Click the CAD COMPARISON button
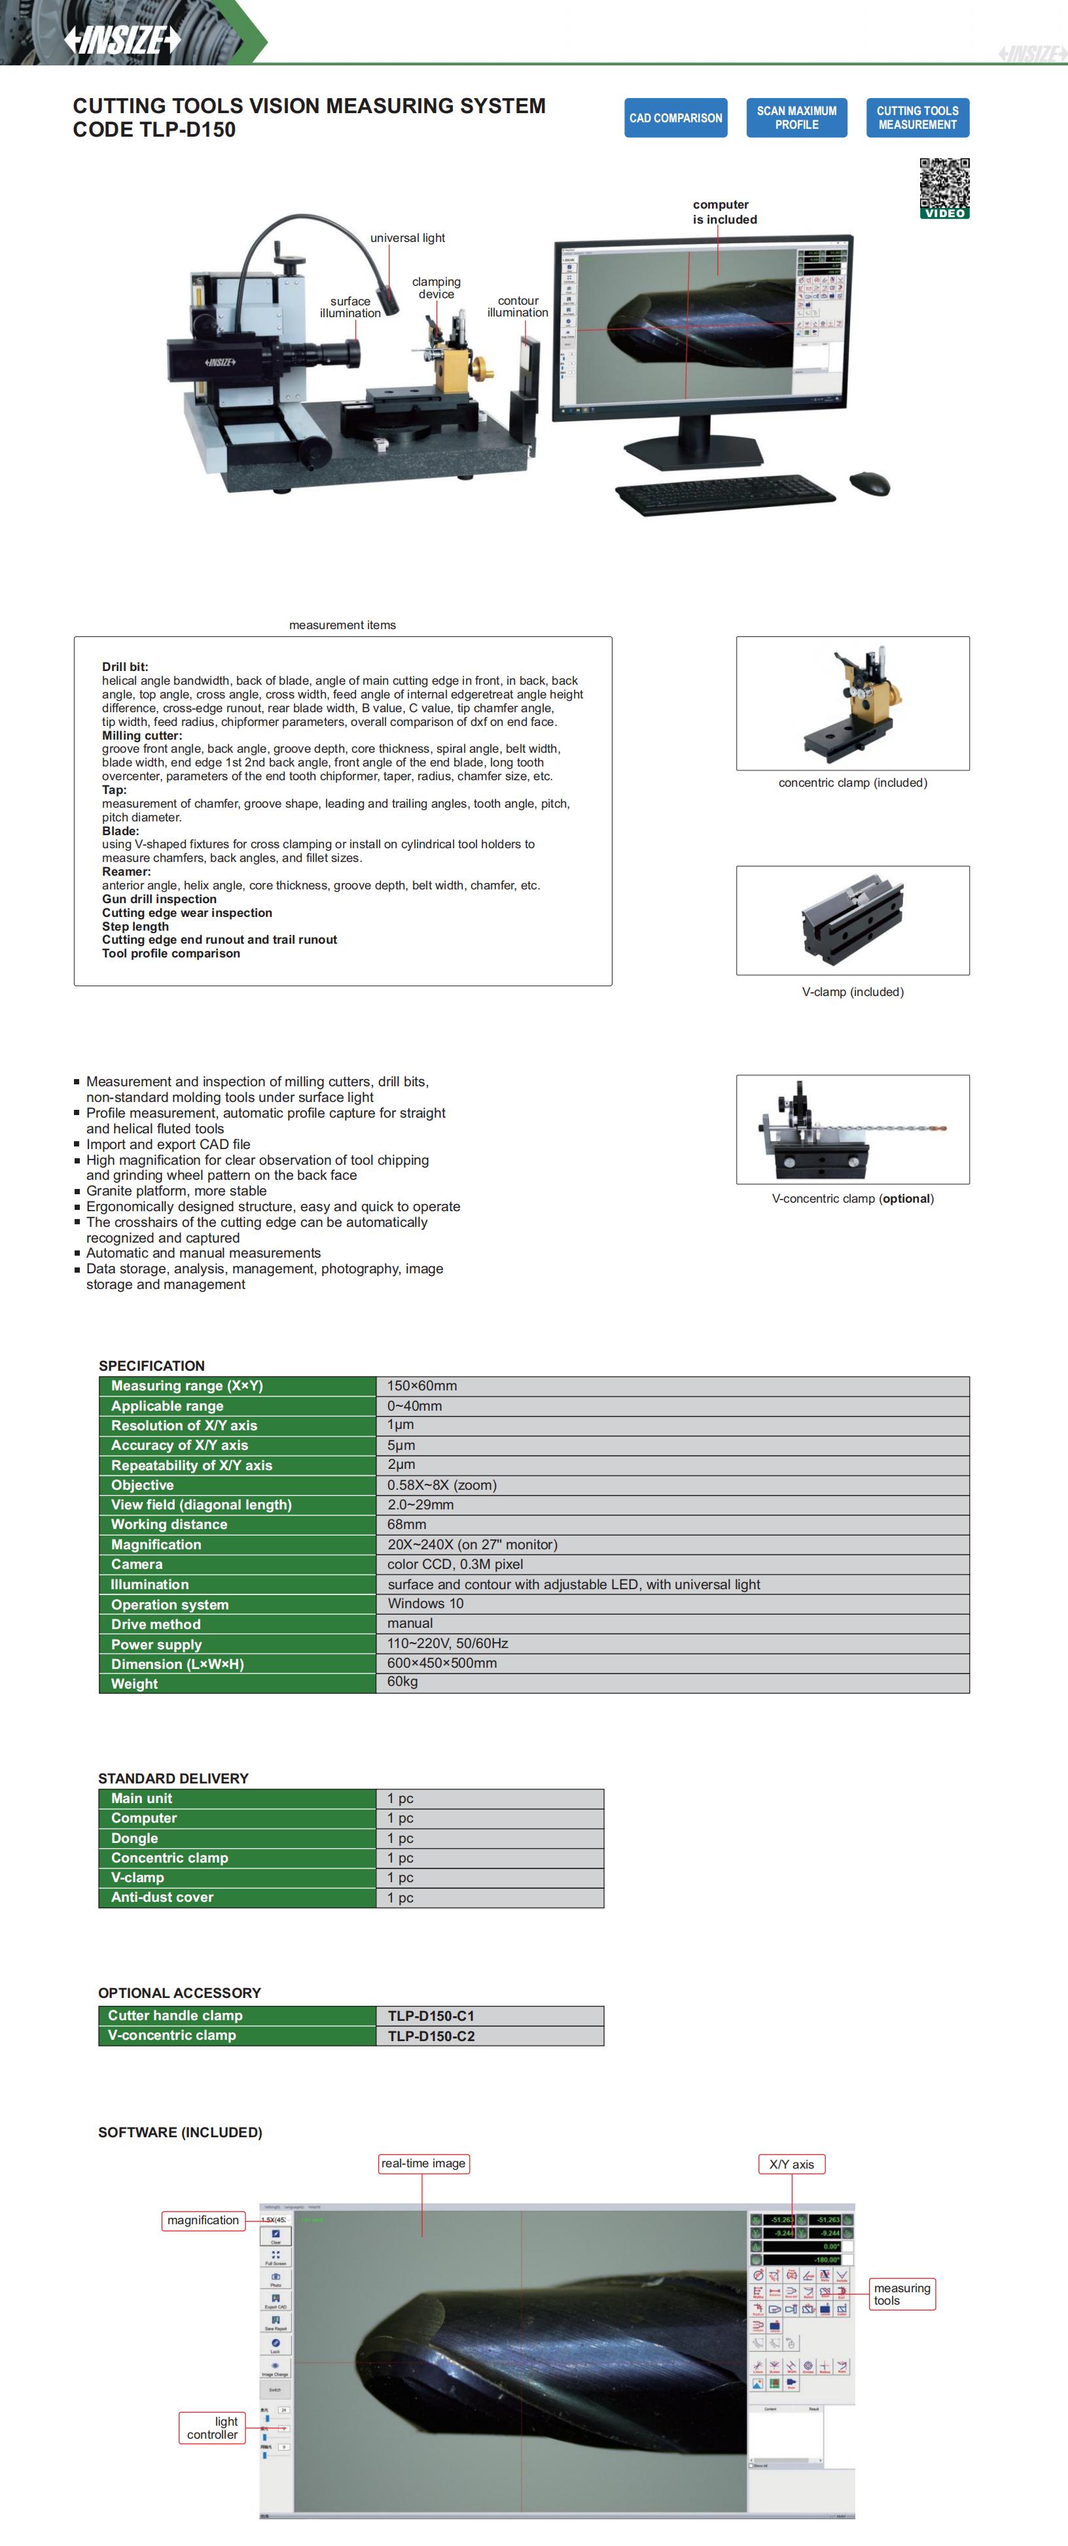[x=675, y=118]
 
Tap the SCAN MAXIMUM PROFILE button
[x=796, y=118]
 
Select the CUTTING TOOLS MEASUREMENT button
[x=917, y=118]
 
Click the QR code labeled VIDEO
[x=944, y=187]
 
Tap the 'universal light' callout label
[x=408, y=238]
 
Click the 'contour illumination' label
[x=517, y=306]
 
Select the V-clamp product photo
[x=853, y=920]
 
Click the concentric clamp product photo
[x=853, y=703]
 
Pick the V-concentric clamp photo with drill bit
[x=853, y=1129]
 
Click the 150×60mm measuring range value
[x=422, y=1386]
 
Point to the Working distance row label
[x=169, y=1524]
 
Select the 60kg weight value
[x=402, y=1682]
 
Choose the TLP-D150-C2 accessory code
[x=431, y=2036]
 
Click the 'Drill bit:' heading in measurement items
[x=124, y=667]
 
